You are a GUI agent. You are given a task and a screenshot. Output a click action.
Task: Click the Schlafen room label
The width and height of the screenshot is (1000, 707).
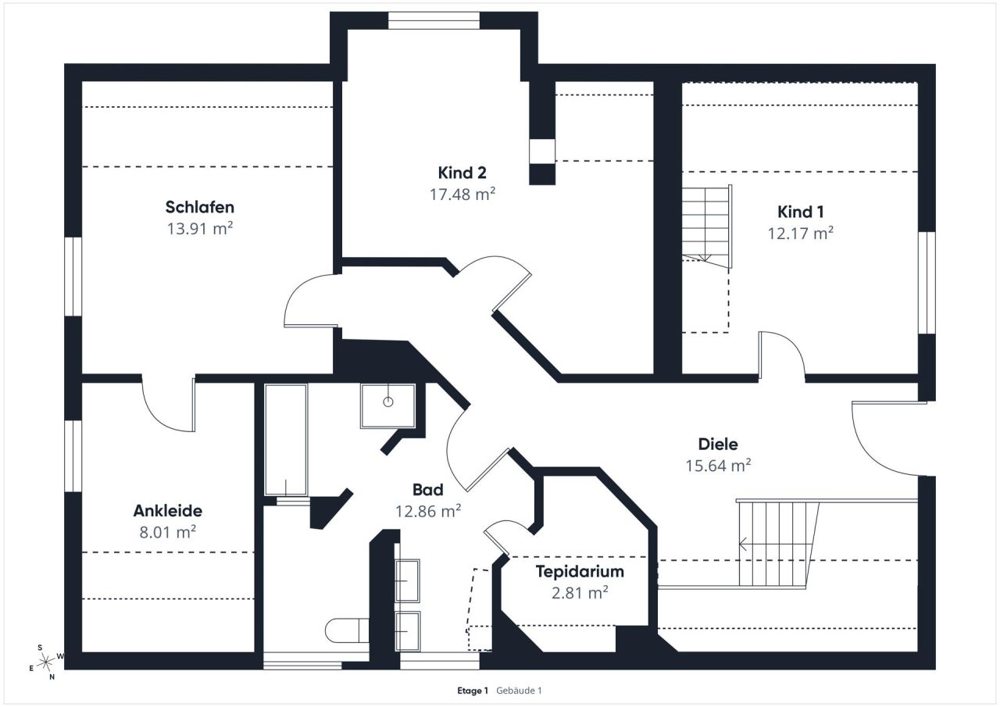click(199, 207)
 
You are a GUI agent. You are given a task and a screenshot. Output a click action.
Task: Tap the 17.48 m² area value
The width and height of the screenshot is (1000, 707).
click(462, 195)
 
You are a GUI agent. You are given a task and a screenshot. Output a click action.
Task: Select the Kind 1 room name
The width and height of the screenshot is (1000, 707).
click(801, 212)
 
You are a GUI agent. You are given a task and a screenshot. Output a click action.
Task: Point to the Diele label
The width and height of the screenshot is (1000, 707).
click(717, 445)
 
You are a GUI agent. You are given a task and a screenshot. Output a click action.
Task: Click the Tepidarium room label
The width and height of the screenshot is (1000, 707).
click(579, 571)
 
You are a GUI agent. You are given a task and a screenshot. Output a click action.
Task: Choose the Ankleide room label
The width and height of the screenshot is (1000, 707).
click(167, 511)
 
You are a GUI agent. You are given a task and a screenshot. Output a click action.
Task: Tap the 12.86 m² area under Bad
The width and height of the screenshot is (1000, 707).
click(427, 512)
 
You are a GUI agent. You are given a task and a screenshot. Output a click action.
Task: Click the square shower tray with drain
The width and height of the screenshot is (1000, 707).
click(387, 405)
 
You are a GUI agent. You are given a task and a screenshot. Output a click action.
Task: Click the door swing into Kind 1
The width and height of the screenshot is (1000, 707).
click(781, 355)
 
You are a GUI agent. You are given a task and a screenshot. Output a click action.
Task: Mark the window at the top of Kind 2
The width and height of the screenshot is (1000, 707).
click(434, 20)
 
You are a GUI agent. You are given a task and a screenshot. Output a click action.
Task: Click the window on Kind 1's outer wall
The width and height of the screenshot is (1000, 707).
click(927, 282)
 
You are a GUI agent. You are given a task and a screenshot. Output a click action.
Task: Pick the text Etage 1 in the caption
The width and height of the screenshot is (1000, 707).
click(473, 691)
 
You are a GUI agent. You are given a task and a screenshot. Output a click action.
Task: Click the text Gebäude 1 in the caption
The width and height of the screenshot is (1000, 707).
click(519, 691)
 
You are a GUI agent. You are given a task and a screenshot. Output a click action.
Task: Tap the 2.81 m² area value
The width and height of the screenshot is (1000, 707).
click(579, 593)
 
